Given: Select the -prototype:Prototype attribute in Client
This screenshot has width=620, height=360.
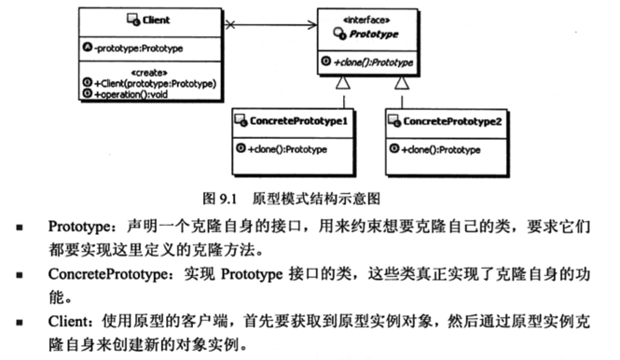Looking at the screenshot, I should (135, 45).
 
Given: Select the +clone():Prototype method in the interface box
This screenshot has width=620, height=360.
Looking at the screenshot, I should (369, 62).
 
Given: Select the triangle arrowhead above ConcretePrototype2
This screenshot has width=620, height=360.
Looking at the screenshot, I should (402, 86).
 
